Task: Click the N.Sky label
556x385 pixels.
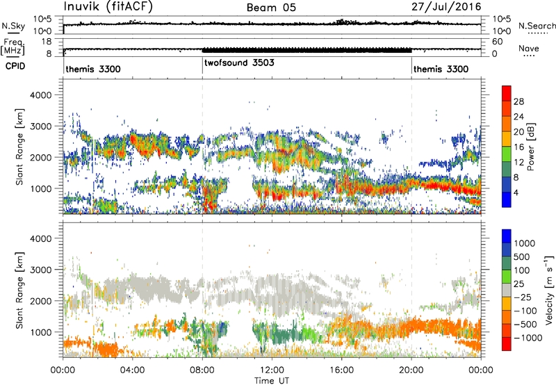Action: coord(13,26)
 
